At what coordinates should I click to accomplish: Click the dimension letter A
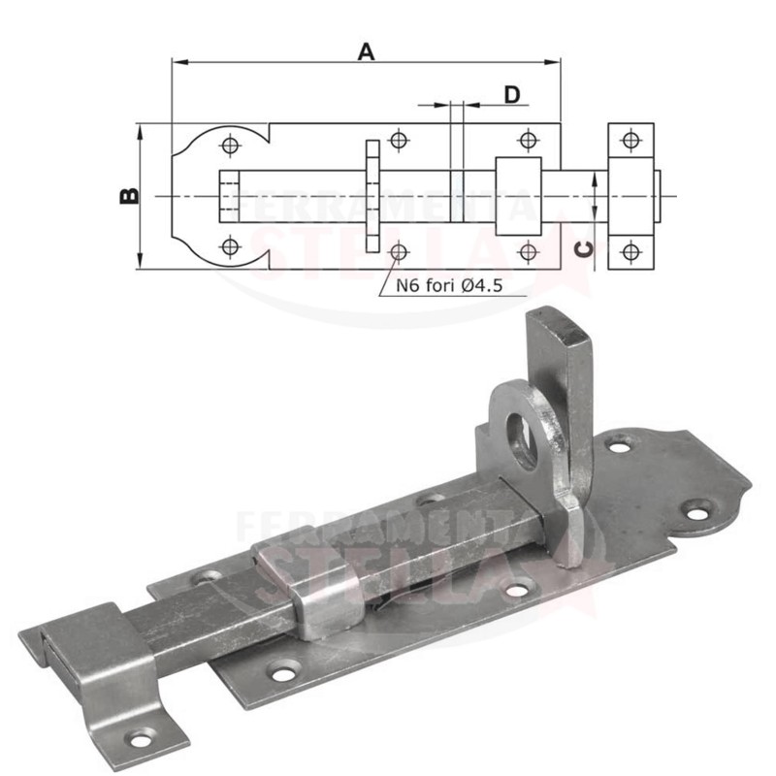pyautogui.click(x=366, y=51)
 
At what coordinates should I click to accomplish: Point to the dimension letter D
pyautogui.click(x=512, y=93)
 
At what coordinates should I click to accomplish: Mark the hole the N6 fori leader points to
pyautogui.click(x=397, y=252)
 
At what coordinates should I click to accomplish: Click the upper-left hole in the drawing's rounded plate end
pyautogui.click(x=229, y=145)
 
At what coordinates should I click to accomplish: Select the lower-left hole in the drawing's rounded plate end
pyautogui.click(x=229, y=246)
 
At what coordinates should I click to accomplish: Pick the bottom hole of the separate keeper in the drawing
pyautogui.click(x=631, y=254)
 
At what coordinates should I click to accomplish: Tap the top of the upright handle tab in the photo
pyautogui.click(x=558, y=320)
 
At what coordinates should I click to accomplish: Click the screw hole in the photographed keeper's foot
pyautogui.click(x=142, y=740)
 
